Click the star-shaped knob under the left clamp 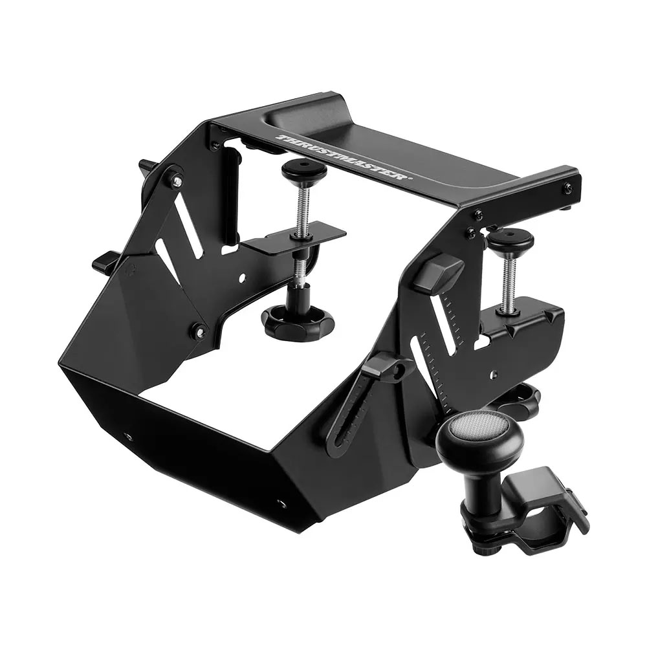click(x=298, y=318)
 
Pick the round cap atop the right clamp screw click(x=510, y=240)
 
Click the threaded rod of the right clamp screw click(x=509, y=278)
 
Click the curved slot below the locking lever click(x=350, y=421)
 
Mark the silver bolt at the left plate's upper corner click(x=175, y=181)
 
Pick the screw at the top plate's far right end click(x=567, y=188)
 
